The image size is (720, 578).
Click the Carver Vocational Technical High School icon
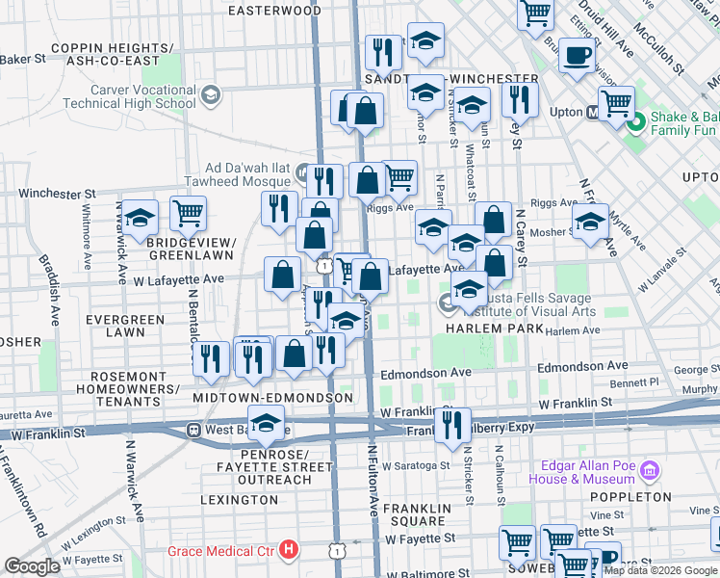coord(212,94)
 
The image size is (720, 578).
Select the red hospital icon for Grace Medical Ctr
coord(289,550)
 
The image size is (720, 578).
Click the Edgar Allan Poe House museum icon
coord(651,471)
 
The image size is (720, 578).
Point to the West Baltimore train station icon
coord(193,430)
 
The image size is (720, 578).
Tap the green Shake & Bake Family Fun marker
coord(635,122)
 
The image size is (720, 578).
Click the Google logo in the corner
coord(32,566)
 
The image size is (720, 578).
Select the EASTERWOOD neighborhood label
coord(274,11)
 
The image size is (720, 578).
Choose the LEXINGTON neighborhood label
coord(240,500)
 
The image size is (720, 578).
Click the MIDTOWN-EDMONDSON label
coord(272,398)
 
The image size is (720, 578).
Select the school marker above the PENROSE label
coord(266,421)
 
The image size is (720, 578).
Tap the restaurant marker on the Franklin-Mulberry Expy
coord(452,423)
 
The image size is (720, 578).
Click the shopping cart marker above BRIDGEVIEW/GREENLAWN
coord(188,212)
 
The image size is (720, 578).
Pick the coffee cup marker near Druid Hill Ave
coord(577,56)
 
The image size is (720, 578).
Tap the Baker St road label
coord(23,59)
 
